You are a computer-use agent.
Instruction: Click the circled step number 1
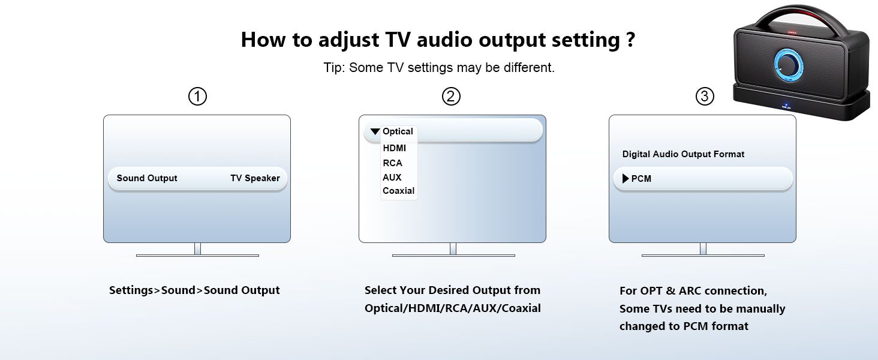pos(197,96)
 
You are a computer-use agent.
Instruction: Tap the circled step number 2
pos(451,96)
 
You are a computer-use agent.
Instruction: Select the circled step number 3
pos(705,96)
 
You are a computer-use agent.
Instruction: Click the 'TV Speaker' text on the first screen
pos(255,178)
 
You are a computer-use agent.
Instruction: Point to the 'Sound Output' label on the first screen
pos(147,178)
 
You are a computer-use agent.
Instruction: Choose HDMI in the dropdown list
pos(394,148)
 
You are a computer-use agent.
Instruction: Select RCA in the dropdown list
pos(392,163)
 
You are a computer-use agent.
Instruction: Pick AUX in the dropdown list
pos(392,178)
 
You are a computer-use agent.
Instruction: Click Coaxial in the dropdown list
pos(398,191)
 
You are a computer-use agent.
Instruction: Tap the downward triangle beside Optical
pos(375,131)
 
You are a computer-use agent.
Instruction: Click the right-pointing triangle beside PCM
pos(626,178)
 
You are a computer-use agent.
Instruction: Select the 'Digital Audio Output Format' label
pos(683,154)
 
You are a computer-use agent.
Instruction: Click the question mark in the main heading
pos(630,40)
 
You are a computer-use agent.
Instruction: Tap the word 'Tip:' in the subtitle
pos(334,68)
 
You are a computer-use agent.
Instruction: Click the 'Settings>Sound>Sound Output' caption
pos(194,290)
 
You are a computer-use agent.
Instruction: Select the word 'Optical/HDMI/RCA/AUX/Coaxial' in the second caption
pos(452,308)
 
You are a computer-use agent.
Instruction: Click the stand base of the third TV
pos(702,256)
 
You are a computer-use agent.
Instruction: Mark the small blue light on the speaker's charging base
pos(784,106)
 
